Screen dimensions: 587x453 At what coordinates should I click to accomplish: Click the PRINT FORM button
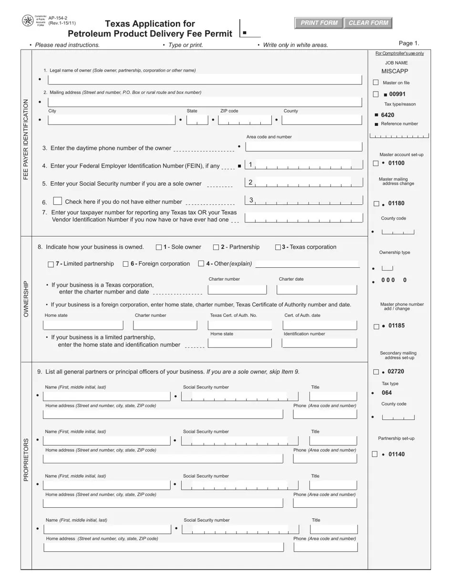(x=319, y=23)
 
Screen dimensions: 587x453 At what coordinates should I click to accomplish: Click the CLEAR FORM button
(x=368, y=23)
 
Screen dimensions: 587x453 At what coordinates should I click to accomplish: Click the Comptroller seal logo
(x=28, y=21)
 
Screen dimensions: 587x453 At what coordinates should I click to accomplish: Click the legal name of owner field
(x=205, y=79)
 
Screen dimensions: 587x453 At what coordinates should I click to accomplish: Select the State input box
(x=197, y=120)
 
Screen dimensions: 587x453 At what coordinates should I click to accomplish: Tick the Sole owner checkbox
(x=159, y=247)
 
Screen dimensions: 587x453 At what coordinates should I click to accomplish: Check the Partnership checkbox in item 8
(x=216, y=247)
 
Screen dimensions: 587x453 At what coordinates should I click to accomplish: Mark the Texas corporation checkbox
(x=278, y=247)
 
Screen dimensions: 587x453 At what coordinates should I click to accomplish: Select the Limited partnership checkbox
(x=51, y=264)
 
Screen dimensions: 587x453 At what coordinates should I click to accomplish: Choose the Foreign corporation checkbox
(x=126, y=264)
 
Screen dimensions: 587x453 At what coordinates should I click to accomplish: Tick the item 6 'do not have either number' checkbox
(x=58, y=201)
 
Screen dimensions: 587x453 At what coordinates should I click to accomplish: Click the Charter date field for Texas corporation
(x=317, y=290)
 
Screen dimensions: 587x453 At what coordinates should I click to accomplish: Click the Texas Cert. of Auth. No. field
(x=240, y=325)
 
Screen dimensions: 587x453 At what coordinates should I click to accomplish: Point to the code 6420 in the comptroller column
(x=388, y=115)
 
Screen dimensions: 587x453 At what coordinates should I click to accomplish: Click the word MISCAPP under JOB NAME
(x=395, y=71)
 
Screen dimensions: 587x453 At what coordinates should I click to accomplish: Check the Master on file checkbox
(x=376, y=83)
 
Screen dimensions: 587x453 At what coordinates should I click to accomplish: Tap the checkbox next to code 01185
(x=376, y=326)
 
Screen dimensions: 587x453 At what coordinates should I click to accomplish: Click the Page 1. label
(x=409, y=43)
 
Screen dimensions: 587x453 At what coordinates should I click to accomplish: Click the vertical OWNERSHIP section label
(x=26, y=298)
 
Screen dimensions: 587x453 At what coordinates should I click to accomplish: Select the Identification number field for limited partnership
(x=319, y=343)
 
